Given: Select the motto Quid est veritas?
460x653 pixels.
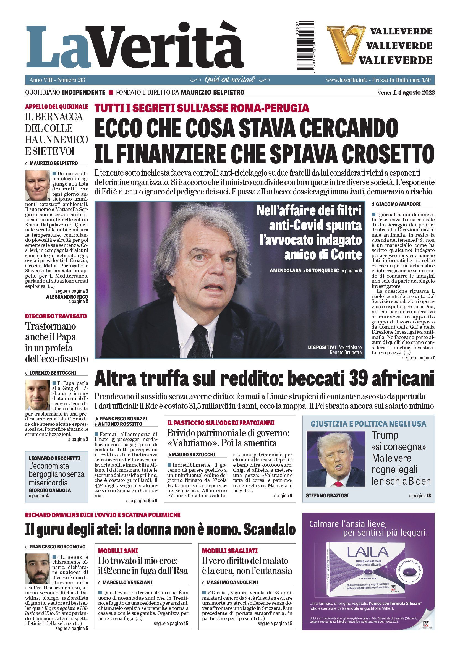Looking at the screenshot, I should pos(230,80).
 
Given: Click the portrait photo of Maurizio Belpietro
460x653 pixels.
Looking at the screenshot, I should pos(37,186).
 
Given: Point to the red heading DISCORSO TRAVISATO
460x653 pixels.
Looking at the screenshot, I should pos(56,316).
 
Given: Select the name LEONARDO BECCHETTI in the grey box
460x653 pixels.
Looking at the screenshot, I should pos(54,458).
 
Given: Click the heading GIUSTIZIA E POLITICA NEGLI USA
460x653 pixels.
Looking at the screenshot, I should pos(368,424).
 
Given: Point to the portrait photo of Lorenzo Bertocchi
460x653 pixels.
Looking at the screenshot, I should pos(37,395).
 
